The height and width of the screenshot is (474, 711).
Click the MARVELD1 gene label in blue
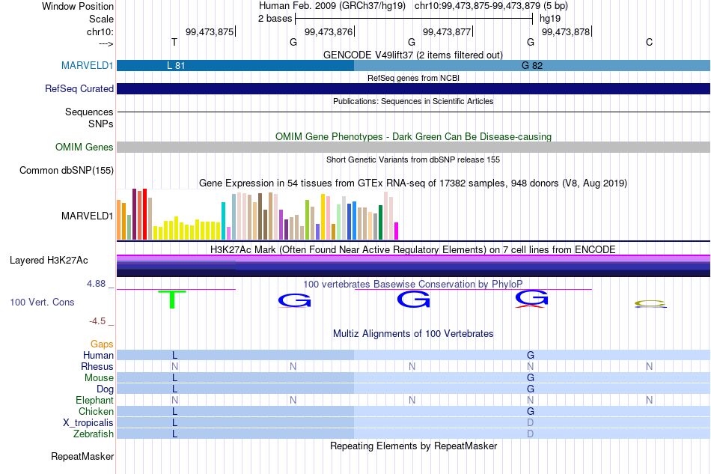point(87,65)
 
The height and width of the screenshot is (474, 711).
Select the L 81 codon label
point(176,65)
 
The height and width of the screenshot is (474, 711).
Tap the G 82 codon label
point(532,65)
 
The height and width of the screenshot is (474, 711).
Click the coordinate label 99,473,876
point(329,31)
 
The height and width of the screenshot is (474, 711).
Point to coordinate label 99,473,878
point(566,31)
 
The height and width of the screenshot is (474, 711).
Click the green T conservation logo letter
point(172,299)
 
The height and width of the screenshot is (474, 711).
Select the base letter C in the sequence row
point(650,42)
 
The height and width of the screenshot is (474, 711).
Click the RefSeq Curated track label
point(79,88)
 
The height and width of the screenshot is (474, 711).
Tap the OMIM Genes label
point(85,147)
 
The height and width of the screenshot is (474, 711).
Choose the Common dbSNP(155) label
point(67,171)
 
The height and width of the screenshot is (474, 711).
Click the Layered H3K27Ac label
point(49,261)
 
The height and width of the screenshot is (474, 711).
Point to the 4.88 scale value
point(96,284)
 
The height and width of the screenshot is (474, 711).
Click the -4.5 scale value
point(97,321)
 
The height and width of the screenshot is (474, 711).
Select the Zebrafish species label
point(94,434)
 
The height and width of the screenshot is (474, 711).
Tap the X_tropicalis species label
point(88,423)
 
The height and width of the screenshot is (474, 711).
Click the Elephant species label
point(94,400)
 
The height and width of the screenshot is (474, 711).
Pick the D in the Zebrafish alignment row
point(531,434)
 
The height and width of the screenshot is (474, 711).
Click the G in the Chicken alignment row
point(531,411)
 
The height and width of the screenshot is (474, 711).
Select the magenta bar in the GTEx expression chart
point(397,231)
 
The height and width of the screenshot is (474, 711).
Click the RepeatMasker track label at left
point(82,456)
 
